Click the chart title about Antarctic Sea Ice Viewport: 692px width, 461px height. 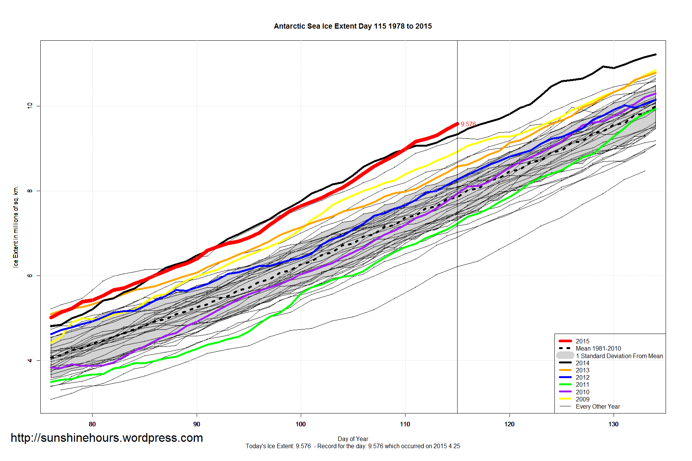353,26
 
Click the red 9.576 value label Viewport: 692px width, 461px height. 468,124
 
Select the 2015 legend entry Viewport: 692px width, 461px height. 582,341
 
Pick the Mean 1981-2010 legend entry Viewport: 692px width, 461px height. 598,348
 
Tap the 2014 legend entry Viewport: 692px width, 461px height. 582,363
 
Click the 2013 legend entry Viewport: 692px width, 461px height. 582,370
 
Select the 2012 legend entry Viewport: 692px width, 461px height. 582,377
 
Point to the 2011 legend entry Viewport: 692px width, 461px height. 582,384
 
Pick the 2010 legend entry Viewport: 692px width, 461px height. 582,392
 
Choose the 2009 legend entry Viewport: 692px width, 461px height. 582,399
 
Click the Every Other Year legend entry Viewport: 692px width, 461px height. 597,406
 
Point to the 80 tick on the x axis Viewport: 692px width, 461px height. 92,424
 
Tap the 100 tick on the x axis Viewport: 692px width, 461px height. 301,424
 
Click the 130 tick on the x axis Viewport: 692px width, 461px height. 613,424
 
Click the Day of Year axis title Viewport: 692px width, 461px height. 353,439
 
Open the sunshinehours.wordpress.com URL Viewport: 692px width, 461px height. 107,438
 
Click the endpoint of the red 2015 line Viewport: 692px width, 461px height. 457,124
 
